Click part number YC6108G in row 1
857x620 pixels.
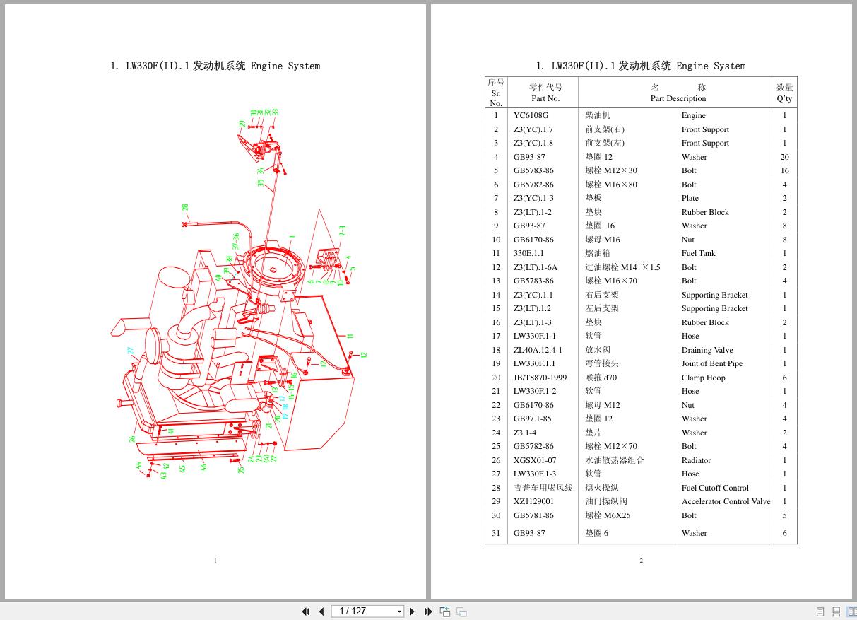[531, 115]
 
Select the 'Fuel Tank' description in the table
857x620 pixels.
[698, 253]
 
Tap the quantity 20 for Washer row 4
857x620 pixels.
[784, 157]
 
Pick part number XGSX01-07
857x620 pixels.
[534, 460]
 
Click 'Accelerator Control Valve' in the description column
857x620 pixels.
[726, 501]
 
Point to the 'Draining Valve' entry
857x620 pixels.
[707, 350]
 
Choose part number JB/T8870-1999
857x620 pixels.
[540, 378]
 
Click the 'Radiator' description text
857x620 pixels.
[696, 460]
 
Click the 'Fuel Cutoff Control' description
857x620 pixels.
[715, 488]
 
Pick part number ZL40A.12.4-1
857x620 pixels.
[538, 350]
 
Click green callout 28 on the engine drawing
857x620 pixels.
[185, 208]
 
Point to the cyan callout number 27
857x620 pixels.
[131, 350]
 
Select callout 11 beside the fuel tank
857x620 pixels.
[350, 336]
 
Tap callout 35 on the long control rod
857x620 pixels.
[261, 182]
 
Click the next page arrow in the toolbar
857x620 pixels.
[413, 612]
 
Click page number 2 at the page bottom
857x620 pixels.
[641, 561]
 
